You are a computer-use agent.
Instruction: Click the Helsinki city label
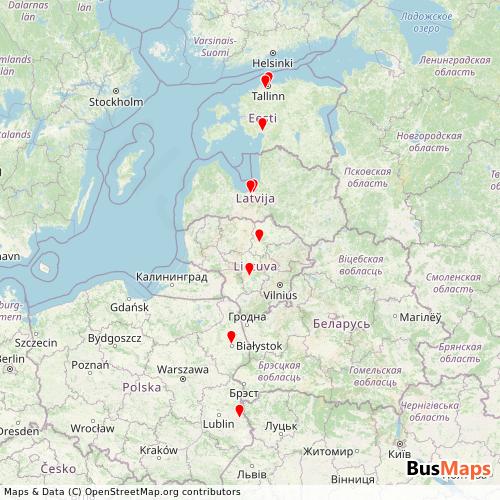(x=271, y=60)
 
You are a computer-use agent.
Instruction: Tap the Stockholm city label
(x=116, y=101)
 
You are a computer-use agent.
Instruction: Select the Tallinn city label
(x=268, y=97)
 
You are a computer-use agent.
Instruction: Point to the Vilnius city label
(x=279, y=295)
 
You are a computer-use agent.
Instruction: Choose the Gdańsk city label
(x=130, y=306)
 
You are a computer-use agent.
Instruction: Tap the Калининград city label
(x=170, y=273)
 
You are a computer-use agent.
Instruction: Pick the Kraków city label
(x=158, y=451)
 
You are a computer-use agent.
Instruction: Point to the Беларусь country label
(x=340, y=325)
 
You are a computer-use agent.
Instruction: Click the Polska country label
(x=141, y=386)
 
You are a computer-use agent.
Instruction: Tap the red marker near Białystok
(x=231, y=337)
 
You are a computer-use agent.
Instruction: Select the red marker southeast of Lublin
(x=239, y=410)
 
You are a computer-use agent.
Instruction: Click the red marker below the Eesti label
(x=262, y=124)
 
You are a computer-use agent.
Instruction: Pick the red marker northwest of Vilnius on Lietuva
(x=249, y=269)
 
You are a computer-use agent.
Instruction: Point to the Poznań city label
(x=89, y=365)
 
